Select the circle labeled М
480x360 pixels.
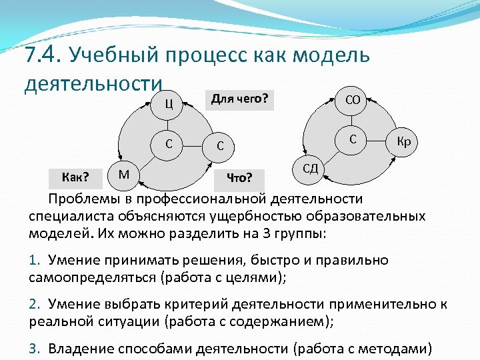124,175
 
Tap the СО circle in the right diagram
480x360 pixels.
353,100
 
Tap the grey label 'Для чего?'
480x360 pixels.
239,99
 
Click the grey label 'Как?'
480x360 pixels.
75,177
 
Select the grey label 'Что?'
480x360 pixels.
239,177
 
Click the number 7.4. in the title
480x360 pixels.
42,55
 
